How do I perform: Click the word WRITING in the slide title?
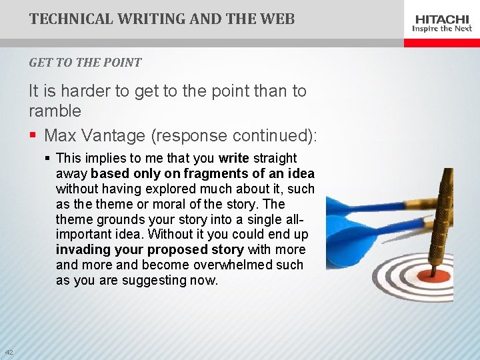(x=147, y=19)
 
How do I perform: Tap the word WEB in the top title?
(x=278, y=19)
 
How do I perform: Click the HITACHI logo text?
(x=442, y=19)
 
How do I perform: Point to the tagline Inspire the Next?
(x=442, y=29)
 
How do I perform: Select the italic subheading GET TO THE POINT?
(x=85, y=63)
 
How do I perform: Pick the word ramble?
(x=55, y=111)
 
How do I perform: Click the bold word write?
(x=233, y=159)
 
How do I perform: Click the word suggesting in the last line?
(x=156, y=281)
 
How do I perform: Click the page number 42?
(x=9, y=352)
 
